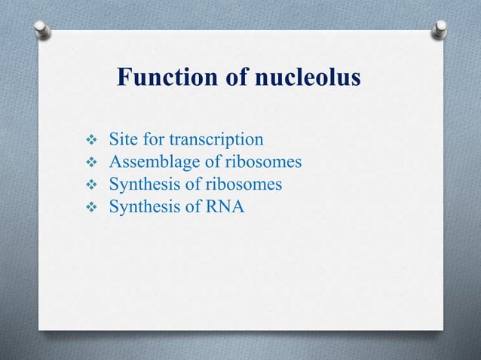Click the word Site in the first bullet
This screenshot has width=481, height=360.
pos(123,139)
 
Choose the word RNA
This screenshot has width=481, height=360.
pos(225,206)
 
